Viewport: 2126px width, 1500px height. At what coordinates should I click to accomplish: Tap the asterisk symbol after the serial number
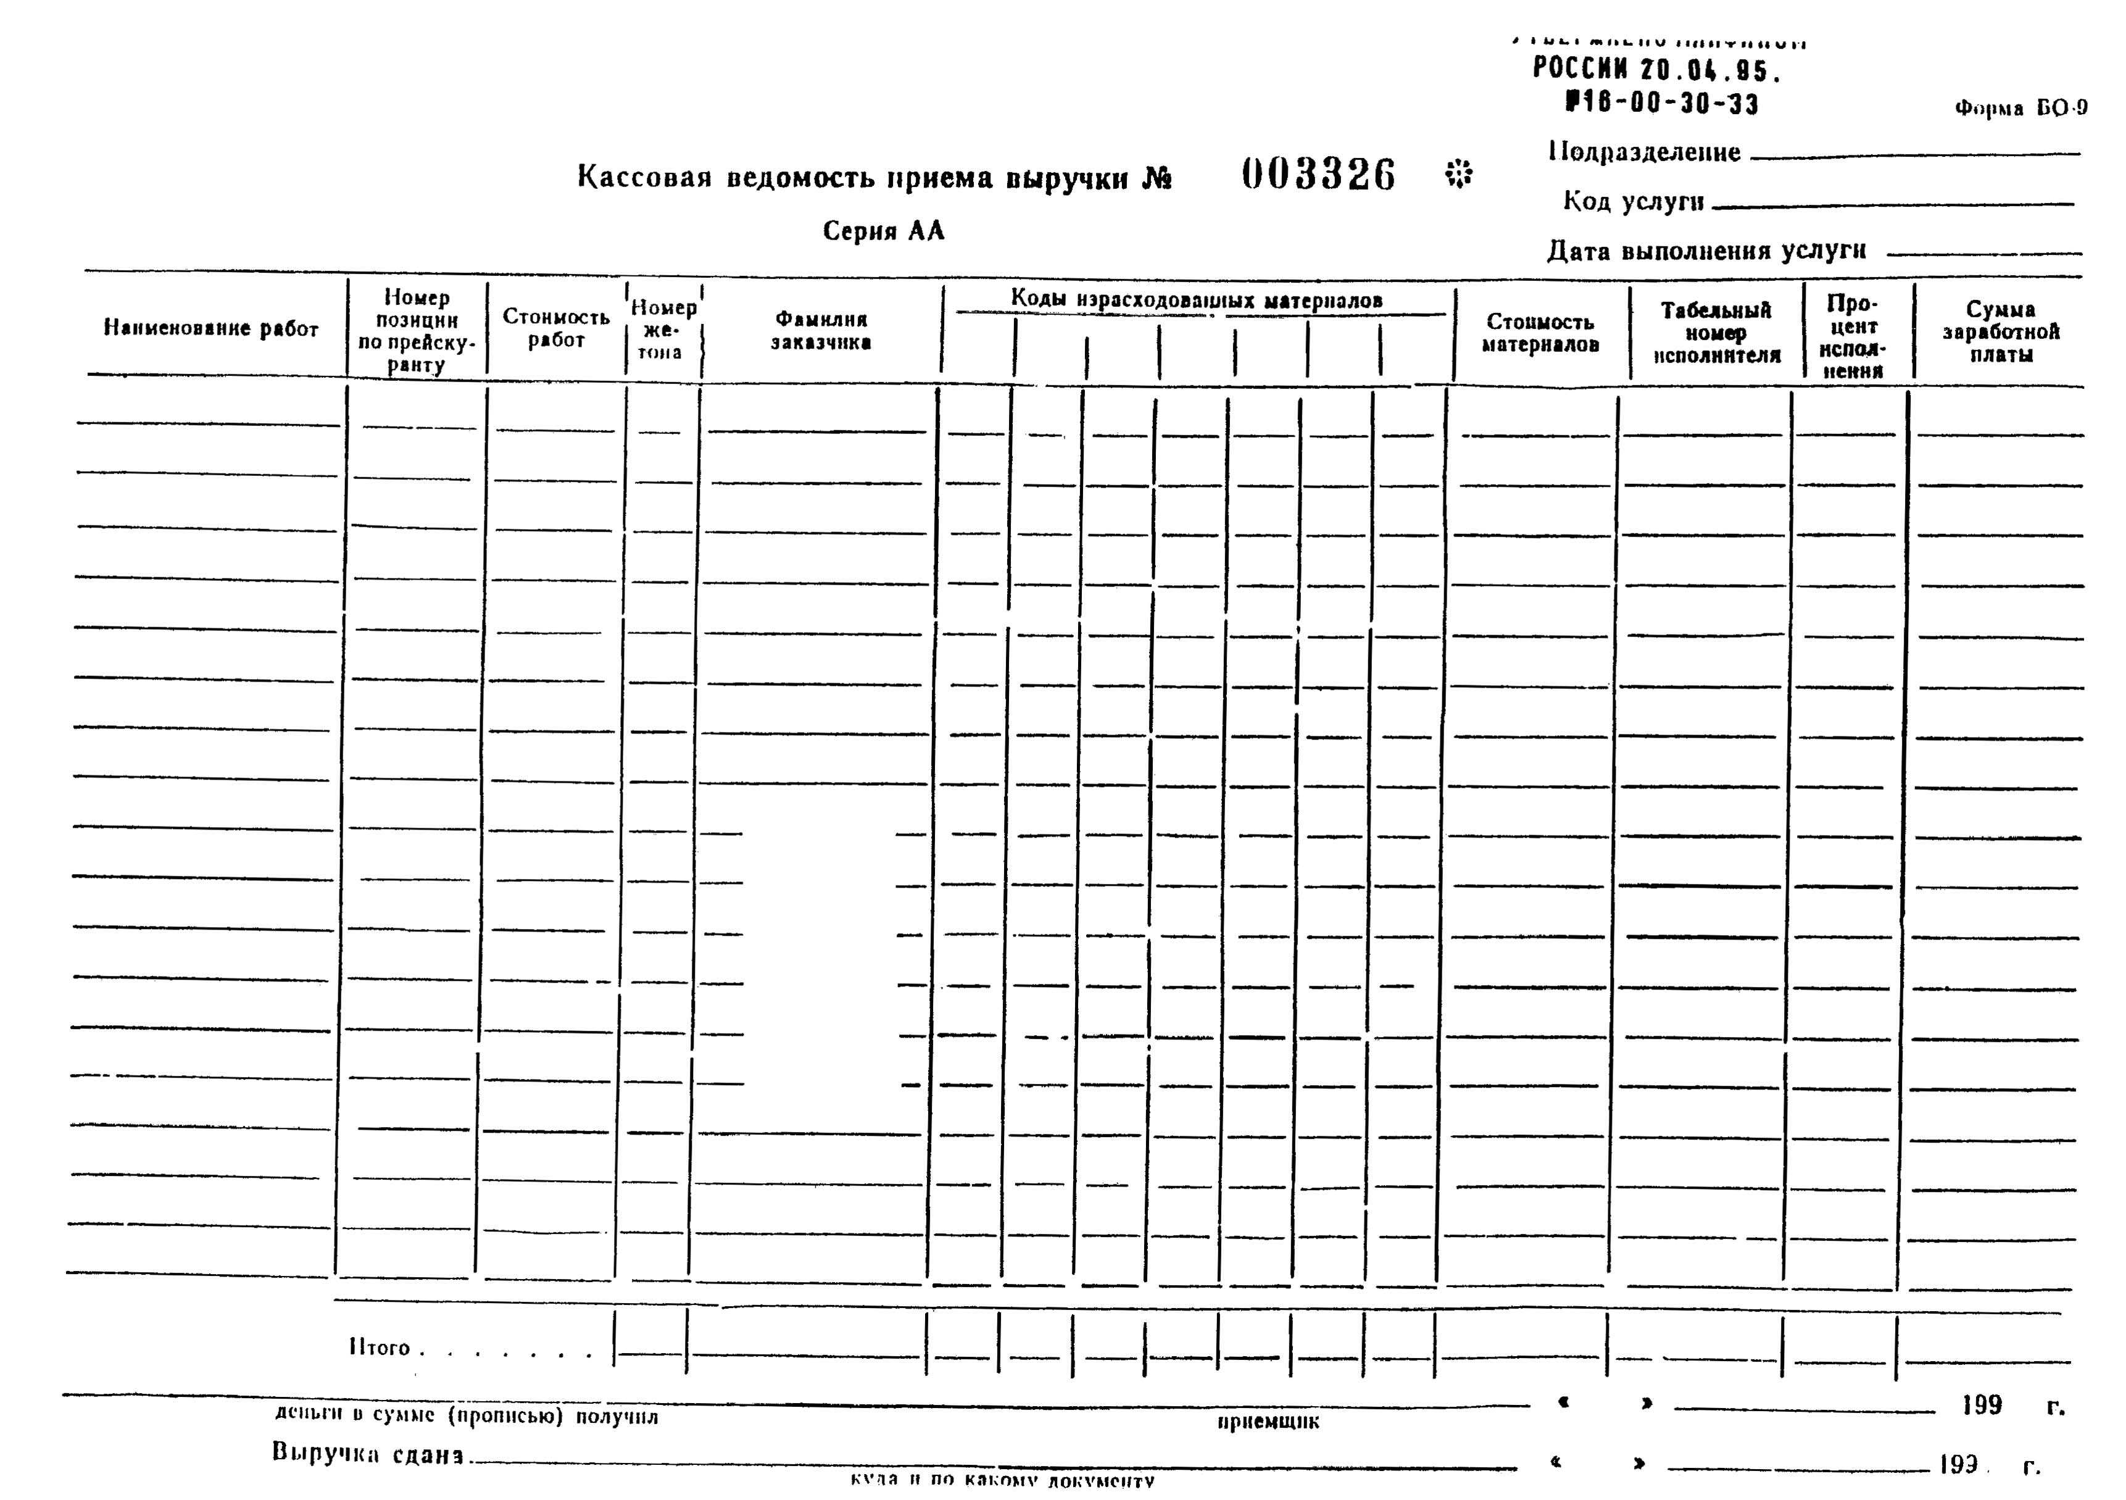[x=1458, y=173]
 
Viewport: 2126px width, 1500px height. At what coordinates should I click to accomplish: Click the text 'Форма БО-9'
[x=2020, y=109]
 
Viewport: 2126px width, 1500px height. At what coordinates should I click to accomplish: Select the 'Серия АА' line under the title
[x=883, y=231]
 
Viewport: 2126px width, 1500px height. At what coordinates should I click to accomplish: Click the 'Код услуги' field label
[x=1634, y=201]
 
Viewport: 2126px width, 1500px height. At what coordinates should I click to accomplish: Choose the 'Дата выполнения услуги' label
[x=1706, y=251]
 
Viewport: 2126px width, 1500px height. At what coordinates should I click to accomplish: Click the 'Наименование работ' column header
[x=210, y=328]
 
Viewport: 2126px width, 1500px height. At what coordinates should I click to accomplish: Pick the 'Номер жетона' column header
[x=662, y=330]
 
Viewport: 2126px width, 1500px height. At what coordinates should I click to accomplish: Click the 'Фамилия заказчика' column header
[x=820, y=331]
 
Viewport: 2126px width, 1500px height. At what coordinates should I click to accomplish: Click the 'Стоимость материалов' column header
[x=1540, y=333]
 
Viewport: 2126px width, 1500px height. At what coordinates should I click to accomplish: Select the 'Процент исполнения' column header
[x=1852, y=336]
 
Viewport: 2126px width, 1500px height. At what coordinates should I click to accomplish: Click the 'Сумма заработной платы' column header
[x=2000, y=331]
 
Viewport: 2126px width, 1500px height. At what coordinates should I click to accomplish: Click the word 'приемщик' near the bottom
[x=1268, y=1421]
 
